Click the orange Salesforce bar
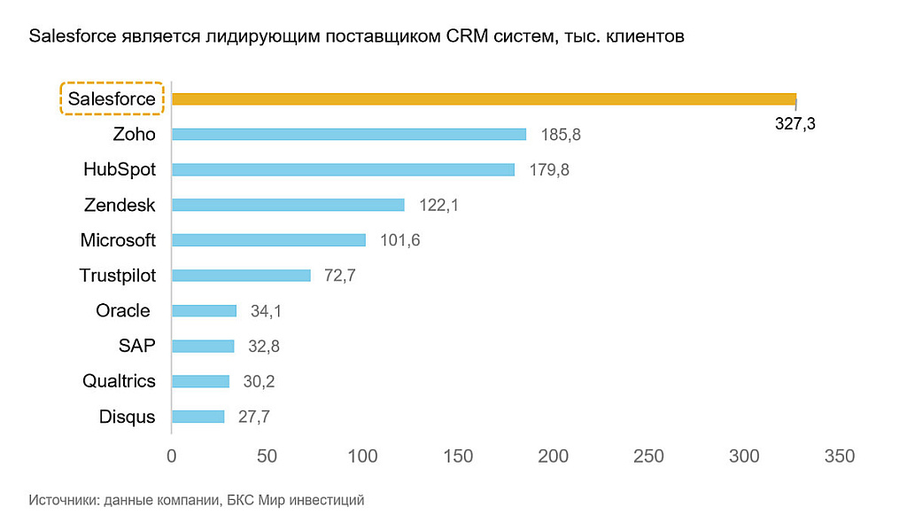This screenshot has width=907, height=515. point(484,99)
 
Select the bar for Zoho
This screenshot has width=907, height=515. point(349,135)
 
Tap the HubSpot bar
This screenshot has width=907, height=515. point(343,169)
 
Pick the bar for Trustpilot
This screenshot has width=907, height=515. point(241,276)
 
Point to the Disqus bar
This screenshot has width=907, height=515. point(198,417)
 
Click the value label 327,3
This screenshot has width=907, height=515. point(795,125)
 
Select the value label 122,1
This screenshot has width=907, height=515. point(439,206)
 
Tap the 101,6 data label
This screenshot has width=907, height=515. point(400,241)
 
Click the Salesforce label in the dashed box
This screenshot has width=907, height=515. point(112,99)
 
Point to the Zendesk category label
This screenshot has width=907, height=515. point(120,206)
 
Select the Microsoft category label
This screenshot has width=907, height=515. point(118,240)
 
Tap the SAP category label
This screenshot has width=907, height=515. point(137,346)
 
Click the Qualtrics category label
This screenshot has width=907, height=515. point(119,381)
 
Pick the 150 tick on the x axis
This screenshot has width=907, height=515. point(458,456)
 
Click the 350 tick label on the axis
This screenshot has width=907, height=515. point(839,456)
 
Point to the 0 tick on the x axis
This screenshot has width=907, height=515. point(172,456)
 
